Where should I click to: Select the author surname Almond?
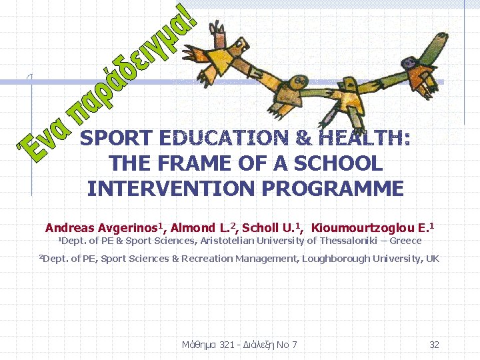(193, 228)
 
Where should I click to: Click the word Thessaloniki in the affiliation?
(350, 241)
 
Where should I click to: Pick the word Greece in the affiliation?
(407, 241)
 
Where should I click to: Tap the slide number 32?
(434, 345)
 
